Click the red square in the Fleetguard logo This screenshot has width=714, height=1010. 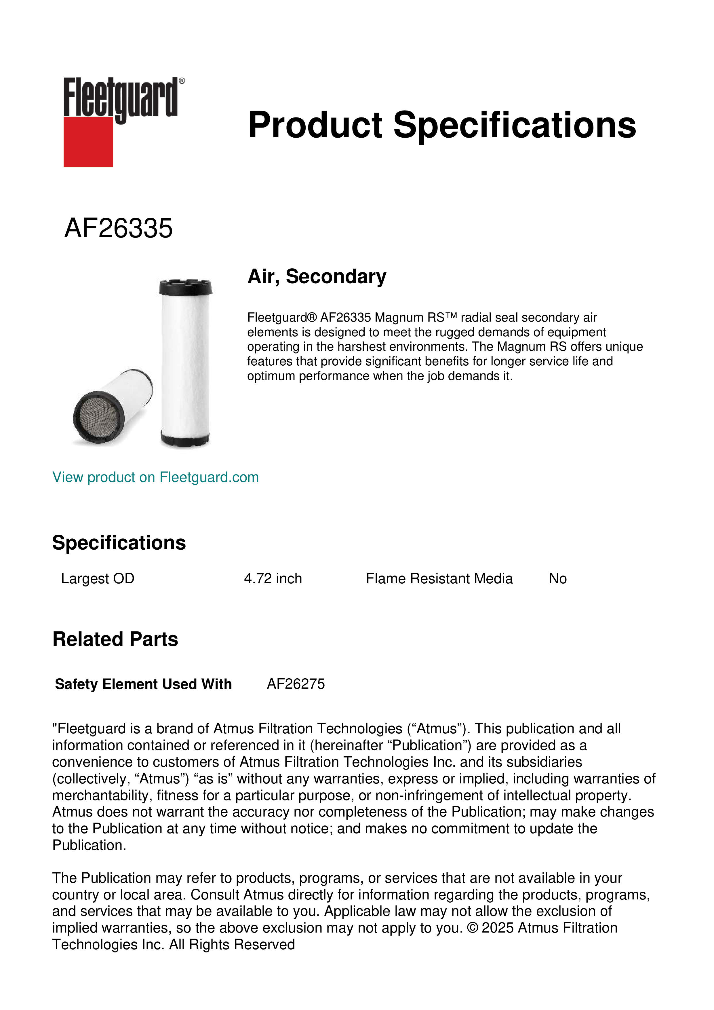(88, 142)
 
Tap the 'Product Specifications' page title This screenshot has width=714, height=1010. (441, 125)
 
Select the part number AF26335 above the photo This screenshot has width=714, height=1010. (118, 228)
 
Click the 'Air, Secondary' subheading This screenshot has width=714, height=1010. (317, 277)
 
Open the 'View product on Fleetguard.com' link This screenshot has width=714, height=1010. (155, 477)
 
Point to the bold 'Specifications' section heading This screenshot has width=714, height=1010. (119, 543)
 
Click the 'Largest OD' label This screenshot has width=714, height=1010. (98, 578)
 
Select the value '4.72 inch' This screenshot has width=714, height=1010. (273, 578)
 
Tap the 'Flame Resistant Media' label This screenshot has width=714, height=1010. (439, 578)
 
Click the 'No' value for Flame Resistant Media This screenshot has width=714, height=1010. (557, 578)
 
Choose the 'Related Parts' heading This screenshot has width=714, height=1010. (115, 639)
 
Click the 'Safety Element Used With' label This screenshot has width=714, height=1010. (143, 684)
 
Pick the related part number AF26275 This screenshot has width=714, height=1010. (296, 684)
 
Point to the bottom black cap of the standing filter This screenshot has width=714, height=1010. (185, 439)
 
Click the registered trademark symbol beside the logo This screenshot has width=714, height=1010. (182, 81)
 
